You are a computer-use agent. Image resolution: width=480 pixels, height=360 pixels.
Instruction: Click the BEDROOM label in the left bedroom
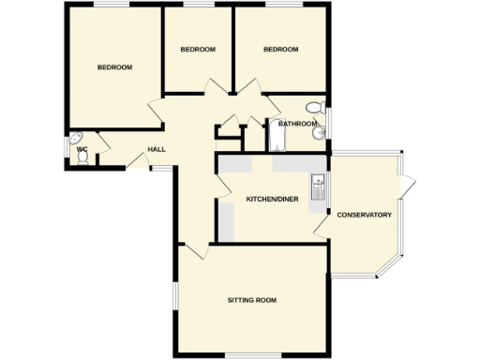click(114, 67)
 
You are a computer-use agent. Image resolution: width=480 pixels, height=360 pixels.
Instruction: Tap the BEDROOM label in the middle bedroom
click(198, 49)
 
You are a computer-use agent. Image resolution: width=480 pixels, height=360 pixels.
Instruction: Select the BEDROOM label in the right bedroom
click(280, 49)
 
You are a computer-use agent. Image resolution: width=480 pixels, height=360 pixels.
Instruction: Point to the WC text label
click(82, 148)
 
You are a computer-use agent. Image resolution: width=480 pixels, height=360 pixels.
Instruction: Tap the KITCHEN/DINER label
click(272, 199)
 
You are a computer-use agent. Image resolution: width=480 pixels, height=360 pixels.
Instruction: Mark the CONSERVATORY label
click(364, 216)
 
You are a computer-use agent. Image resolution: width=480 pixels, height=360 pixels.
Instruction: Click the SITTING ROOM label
click(252, 300)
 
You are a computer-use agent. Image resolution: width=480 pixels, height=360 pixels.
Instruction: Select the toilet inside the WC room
click(82, 159)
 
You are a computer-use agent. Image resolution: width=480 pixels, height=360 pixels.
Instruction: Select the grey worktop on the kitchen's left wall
click(226, 220)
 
